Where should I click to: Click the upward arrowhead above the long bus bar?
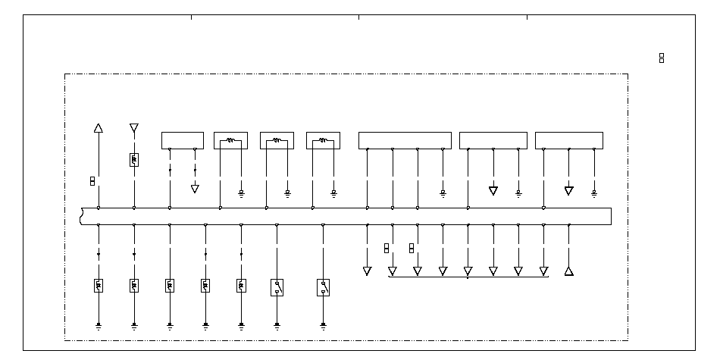98,128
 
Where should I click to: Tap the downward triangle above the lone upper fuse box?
134,127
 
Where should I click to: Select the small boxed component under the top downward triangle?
134,160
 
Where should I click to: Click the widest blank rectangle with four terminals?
405,140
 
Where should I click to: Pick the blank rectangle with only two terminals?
182,140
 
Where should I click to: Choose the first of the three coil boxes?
230,140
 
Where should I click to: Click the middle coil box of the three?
277,140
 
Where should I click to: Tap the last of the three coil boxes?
323,140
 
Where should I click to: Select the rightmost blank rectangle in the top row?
568,140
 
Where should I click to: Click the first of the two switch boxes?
277,287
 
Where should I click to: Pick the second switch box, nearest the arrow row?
323,287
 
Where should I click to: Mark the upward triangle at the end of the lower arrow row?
569,271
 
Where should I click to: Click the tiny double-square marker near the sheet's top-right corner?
662,58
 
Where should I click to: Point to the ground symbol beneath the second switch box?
323,327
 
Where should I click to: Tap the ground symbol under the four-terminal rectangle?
443,193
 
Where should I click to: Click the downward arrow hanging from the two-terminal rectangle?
195,189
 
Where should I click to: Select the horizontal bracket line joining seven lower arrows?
468,277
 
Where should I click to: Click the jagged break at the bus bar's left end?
81,216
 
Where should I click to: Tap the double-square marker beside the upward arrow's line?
92,181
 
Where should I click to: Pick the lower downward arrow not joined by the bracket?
367,271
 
